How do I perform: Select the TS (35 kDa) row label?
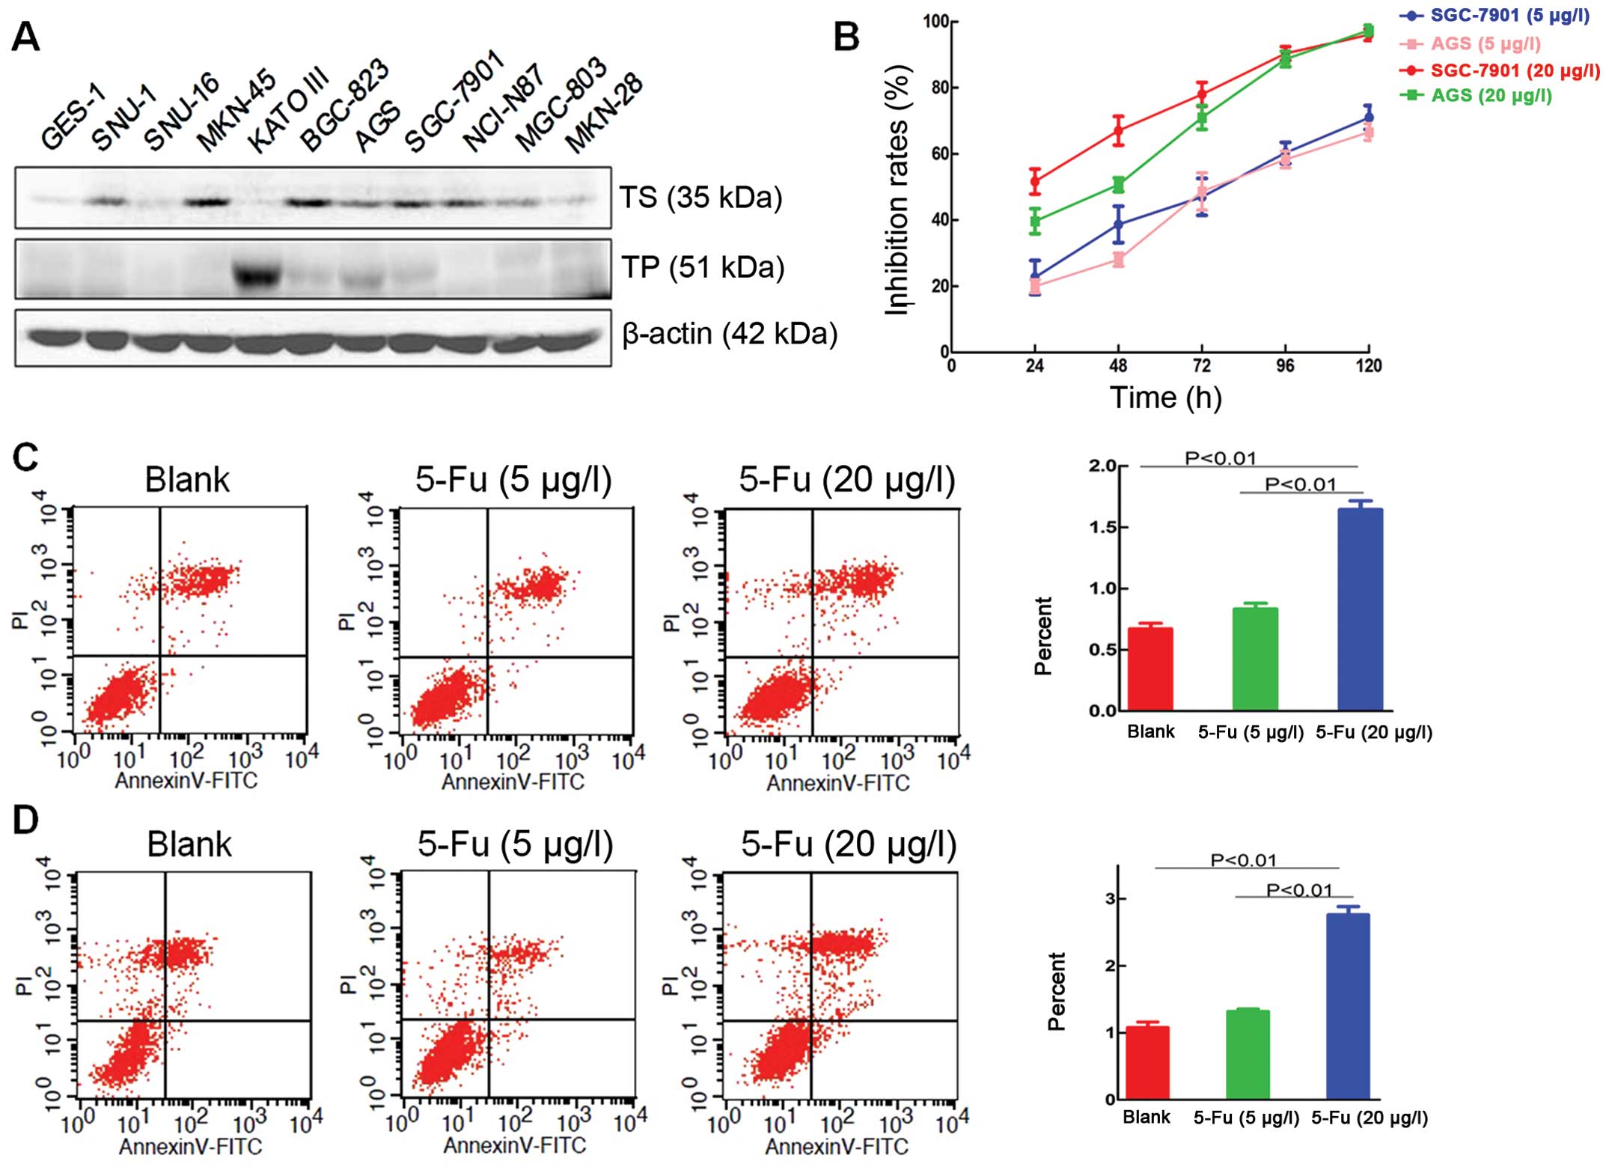point(700,198)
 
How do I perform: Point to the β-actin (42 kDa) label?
point(729,334)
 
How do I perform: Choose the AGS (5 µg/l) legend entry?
point(1485,44)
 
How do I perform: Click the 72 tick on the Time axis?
point(1201,366)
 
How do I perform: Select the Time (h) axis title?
point(1165,397)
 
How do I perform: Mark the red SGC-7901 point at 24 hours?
point(1035,180)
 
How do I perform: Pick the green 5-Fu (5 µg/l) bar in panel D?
point(1248,1055)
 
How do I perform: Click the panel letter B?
point(846,37)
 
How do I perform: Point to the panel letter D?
point(26,820)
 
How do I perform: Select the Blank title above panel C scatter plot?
point(187,480)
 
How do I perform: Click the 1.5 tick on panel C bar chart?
point(1103,528)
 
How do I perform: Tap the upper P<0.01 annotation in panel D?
point(1243,861)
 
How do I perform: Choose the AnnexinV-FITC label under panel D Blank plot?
point(190,1147)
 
